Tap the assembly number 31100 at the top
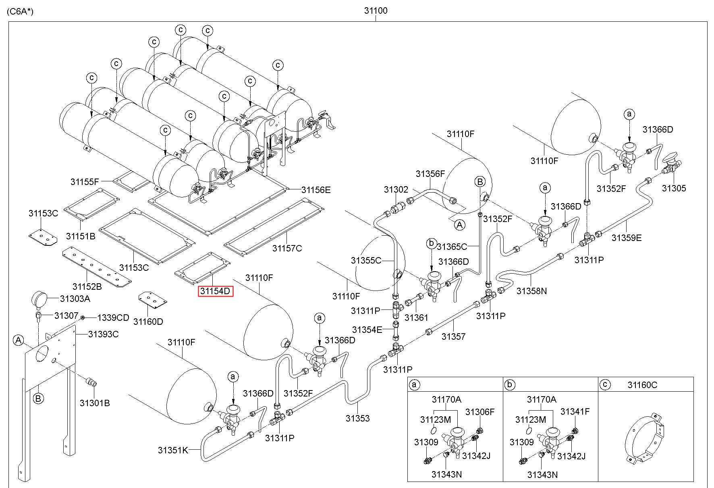click(376, 11)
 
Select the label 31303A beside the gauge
click(75, 299)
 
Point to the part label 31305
click(674, 188)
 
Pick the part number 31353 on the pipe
click(357, 418)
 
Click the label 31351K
click(173, 450)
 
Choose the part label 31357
click(453, 336)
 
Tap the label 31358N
click(531, 291)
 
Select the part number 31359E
click(626, 238)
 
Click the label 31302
click(396, 190)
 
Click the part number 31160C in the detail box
click(642, 385)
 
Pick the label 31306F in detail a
click(480, 412)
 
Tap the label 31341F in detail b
click(575, 411)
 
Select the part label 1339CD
click(113, 318)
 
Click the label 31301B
click(94, 403)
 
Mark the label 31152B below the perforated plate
click(87, 287)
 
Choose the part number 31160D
click(148, 321)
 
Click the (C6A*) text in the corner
click(20, 11)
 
